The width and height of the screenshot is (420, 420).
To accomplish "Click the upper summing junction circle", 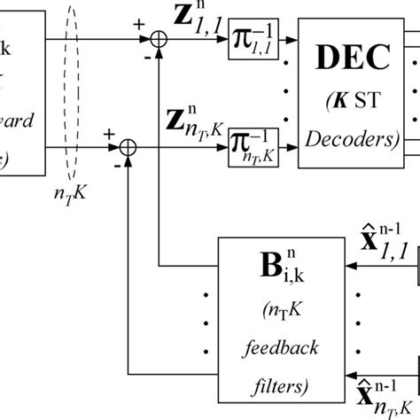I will click(159, 39).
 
